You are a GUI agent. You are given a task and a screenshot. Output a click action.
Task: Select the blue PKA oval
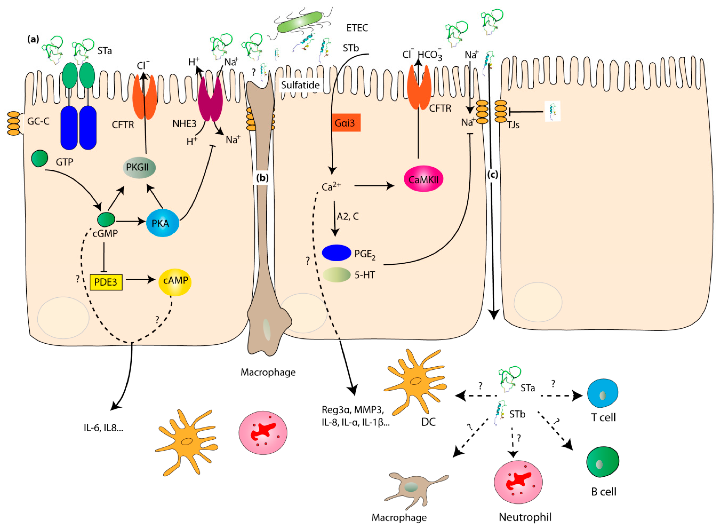[x=162, y=223]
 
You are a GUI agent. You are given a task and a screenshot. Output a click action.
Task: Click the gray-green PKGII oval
[x=139, y=167]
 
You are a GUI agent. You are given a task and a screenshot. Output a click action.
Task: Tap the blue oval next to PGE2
[x=336, y=253]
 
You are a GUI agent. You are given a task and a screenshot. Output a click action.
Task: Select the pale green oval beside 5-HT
[x=336, y=275]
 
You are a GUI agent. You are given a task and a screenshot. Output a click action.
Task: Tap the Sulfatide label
[x=300, y=85]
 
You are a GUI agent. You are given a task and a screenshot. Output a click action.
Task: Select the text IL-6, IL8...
[x=104, y=428]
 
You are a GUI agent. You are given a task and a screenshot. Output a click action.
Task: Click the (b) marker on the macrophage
[x=262, y=178]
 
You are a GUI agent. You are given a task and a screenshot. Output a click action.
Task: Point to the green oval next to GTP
[x=40, y=158]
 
